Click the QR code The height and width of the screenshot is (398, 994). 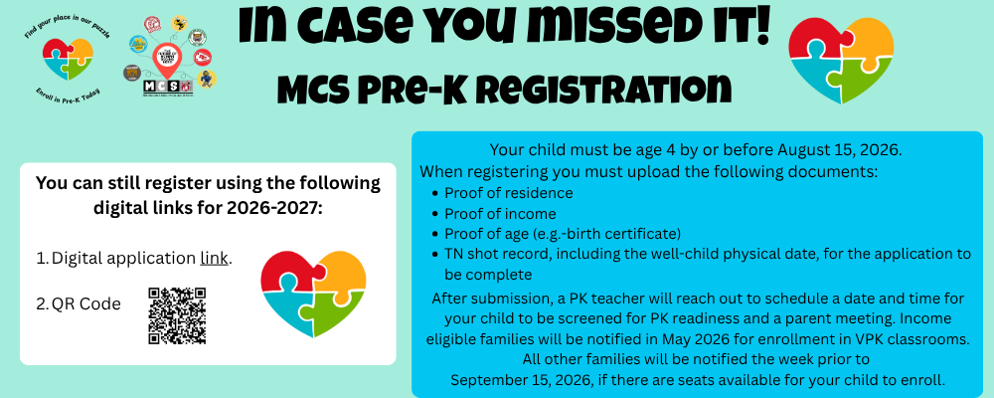pyautogui.click(x=177, y=315)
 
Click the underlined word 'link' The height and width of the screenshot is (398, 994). pyautogui.click(x=214, y=258)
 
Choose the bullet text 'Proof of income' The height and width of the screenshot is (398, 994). pyautogui.click(x=500, y=213)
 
